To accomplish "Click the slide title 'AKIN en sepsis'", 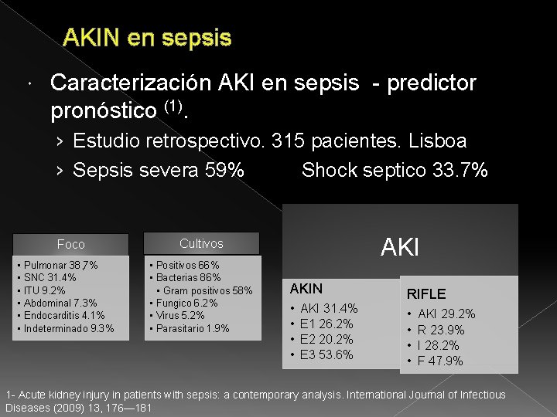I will point(147,37).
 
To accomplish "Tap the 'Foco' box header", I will point(71,244).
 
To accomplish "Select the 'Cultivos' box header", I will point(201,243).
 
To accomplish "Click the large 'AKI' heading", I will point(400,247).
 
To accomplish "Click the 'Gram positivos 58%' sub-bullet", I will point(208,290).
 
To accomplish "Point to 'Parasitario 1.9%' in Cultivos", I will point(192,328).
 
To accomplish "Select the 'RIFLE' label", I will point(426,293).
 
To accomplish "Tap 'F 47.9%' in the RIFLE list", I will point(440,361).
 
